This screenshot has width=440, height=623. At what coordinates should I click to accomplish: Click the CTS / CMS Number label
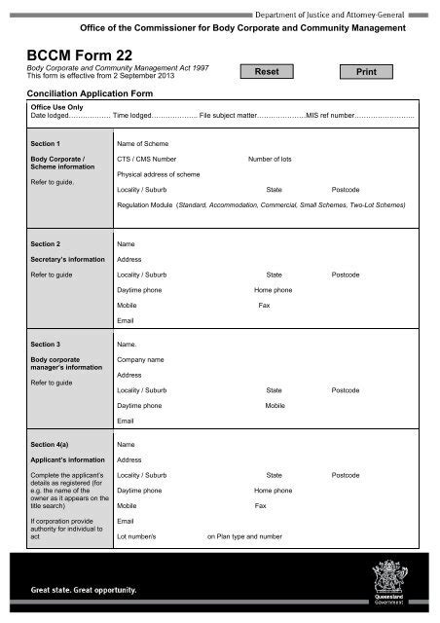click(146, 158)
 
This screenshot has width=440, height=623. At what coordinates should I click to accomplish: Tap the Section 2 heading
click(46, 242)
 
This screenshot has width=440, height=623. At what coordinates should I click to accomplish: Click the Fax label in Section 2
click(264, 306)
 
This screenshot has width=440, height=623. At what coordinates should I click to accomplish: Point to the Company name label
click(140, 360)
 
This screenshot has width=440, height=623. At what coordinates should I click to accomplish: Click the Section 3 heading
click(46, 345)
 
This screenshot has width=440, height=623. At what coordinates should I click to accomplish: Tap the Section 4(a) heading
click(51, 444)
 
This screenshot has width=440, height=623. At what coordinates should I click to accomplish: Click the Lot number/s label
click(143, 536)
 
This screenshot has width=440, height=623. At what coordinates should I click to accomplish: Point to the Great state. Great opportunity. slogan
click(83, 590)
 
